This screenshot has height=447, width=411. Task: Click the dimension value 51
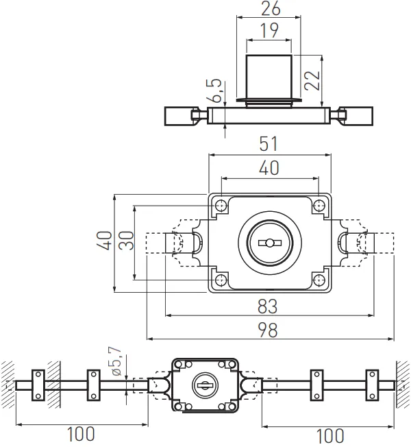point(269,145)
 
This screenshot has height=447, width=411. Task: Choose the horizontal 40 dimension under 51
point(269,167)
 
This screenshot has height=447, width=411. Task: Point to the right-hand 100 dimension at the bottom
point(330,435)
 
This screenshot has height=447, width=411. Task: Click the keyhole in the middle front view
point(269,243)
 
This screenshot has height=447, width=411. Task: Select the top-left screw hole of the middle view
point(221,206)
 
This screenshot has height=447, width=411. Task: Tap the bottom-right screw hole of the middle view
point(319,279)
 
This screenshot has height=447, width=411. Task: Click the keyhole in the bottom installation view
point(205,385)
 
